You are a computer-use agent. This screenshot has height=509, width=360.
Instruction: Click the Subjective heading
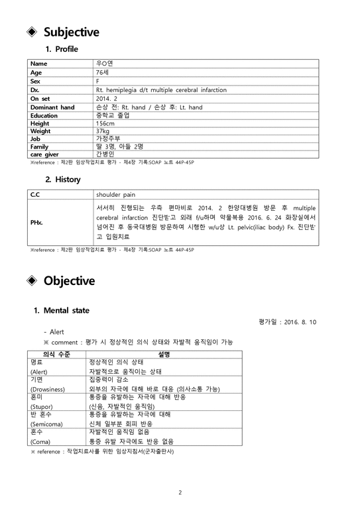71,32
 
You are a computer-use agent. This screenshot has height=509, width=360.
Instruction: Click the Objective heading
69,280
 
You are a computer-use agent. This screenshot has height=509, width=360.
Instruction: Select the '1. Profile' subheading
62,49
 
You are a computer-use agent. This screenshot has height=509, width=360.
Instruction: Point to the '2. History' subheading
63,179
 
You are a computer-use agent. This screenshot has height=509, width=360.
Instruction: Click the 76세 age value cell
103,73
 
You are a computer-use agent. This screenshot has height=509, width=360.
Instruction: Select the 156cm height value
105,123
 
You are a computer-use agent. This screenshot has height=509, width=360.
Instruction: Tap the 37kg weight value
103,131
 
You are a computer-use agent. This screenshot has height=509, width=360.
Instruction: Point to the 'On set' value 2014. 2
106,98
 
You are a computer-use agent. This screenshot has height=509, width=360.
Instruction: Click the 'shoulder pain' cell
115,196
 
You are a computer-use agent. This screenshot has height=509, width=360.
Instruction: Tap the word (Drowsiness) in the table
48,389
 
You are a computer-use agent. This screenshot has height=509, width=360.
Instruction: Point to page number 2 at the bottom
180,492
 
